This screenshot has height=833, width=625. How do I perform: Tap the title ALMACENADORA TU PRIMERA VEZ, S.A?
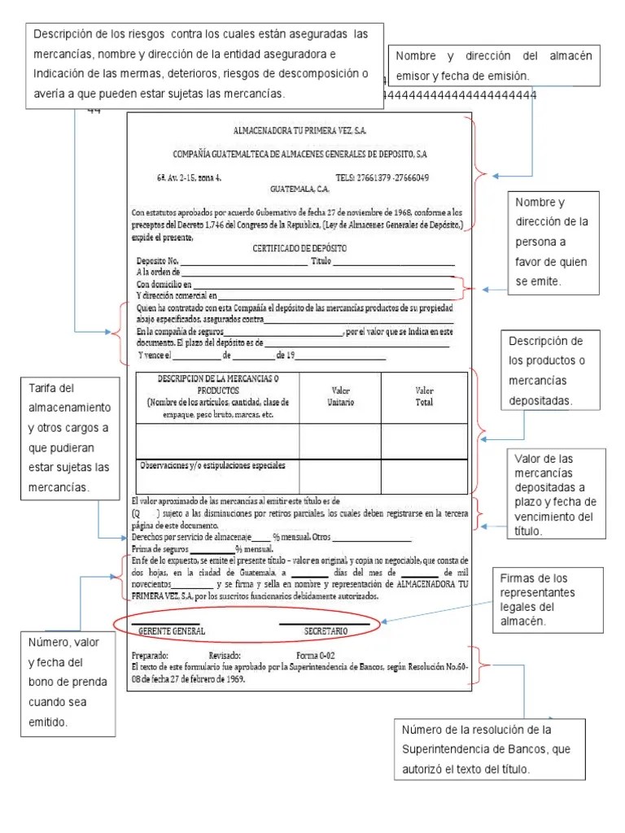299,130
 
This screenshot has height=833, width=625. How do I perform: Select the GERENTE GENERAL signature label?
172,631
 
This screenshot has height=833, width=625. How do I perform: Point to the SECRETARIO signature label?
326,631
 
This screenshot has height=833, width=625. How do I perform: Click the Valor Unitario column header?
340,396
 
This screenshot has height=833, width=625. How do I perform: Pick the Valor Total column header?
424,396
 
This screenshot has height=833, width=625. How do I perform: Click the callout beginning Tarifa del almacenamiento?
69,438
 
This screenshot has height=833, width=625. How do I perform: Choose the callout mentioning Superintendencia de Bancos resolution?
489,748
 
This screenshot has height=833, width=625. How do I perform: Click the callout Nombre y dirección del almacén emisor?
494,65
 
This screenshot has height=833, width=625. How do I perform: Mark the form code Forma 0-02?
316,654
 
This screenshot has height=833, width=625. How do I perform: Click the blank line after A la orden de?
317,273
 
